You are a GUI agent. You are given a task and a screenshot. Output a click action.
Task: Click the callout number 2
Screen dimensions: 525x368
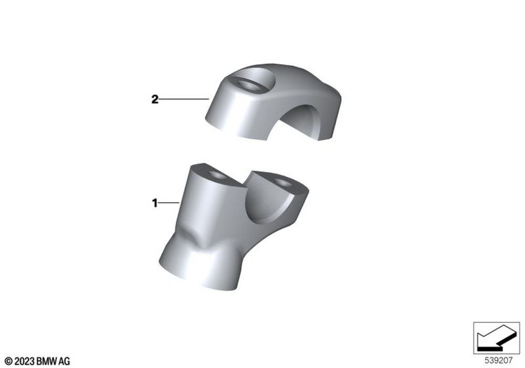(155, 99)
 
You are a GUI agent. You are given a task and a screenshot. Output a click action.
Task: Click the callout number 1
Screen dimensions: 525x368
(155, 203)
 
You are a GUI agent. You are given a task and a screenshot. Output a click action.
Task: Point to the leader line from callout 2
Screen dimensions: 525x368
(184, 99)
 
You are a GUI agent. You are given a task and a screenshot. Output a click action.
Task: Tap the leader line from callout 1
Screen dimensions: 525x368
(169, 203)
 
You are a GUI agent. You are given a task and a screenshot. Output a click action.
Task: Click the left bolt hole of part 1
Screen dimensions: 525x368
(217, 175)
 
